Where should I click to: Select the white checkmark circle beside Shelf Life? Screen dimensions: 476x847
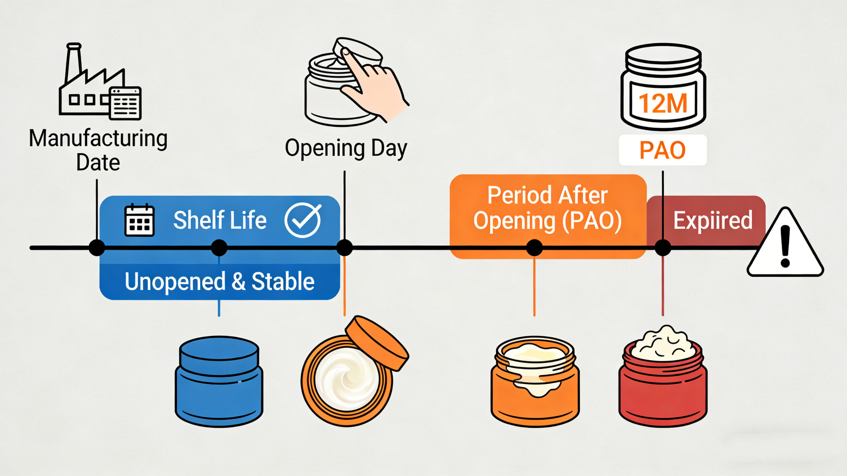click(302, 220)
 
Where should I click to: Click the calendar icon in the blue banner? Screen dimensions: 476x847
click(139, 220)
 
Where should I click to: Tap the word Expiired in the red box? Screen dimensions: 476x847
click(713, 220)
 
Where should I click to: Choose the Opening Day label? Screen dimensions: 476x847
click(346, 149)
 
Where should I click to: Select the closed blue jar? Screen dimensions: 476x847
click(219, 381)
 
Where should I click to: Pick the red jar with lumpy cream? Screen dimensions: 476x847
click(663, 378)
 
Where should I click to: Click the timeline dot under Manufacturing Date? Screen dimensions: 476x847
click(97, 248)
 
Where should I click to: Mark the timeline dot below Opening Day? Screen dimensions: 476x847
click(345, 248)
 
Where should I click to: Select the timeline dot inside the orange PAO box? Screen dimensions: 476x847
click(534, 248)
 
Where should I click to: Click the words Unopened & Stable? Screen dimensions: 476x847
click(220, 282)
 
